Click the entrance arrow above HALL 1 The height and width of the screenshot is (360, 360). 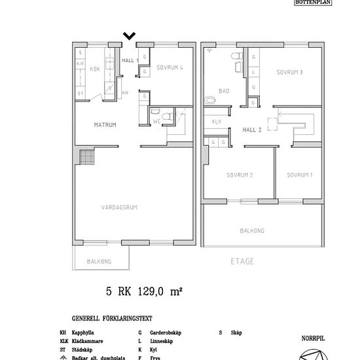click(130, 36)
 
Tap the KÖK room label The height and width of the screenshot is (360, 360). click(94, 69)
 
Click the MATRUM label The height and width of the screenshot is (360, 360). click(105, 124)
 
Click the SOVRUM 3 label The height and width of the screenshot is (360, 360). click(289, 72)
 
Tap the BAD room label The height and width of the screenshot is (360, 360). click(225, 92)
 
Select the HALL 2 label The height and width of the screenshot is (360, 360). click(252, 130)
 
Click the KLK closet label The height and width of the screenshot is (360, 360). click(216, 122)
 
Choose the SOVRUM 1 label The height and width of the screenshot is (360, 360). click(299, 175)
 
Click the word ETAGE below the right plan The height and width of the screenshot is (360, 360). click(242, 261)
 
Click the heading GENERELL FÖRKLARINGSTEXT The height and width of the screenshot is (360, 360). click(112, 319)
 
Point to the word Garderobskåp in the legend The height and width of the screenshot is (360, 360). click(165, 333)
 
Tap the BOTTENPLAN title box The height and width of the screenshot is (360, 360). click(314, 3)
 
